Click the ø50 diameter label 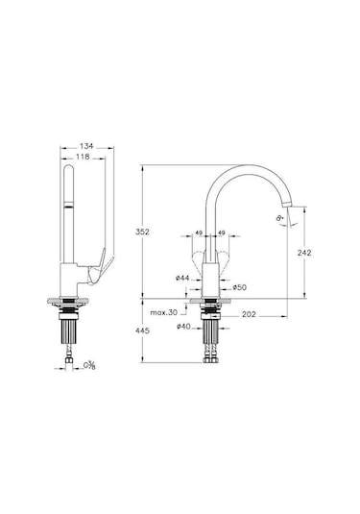click(x=240, y=287)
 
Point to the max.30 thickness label click(x=165, y=312)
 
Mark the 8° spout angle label click(x=279, y=219)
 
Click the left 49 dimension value click(x=198, y=232)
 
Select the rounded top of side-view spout click(x=68, y=171)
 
